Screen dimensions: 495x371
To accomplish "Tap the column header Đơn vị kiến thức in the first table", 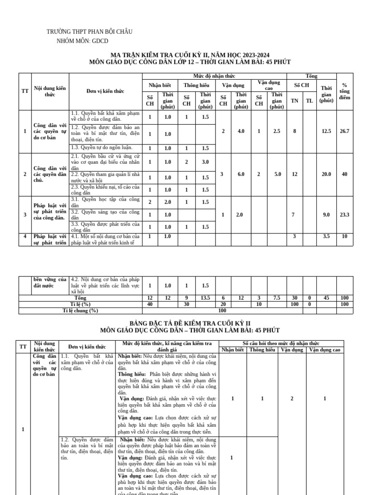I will click(x=105, y=91).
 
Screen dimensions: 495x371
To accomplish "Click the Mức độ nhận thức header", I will click(x=214, y=76).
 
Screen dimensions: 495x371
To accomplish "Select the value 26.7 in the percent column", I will click(x=344, y=131).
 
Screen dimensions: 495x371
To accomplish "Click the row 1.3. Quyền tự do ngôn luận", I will click(x=105, y=148).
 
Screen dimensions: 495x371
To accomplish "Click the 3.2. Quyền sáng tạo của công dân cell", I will click(x=105, y=214).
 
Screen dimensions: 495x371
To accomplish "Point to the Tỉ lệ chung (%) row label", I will click(x=80, y=311).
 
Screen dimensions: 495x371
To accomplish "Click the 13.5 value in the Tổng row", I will click(x=205, y=298).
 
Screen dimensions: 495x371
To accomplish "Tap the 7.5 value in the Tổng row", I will click(x=276, y=298).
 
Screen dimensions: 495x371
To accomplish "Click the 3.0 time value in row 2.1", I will click(x=205, y=162).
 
